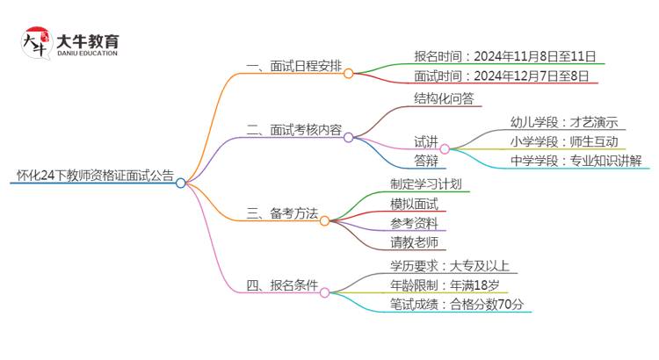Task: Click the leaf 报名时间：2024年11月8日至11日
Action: (x=509, y=55)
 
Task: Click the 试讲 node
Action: (x=426, y=141)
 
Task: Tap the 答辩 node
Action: (x=426, y=161)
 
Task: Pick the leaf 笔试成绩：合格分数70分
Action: (x=457, y=304)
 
